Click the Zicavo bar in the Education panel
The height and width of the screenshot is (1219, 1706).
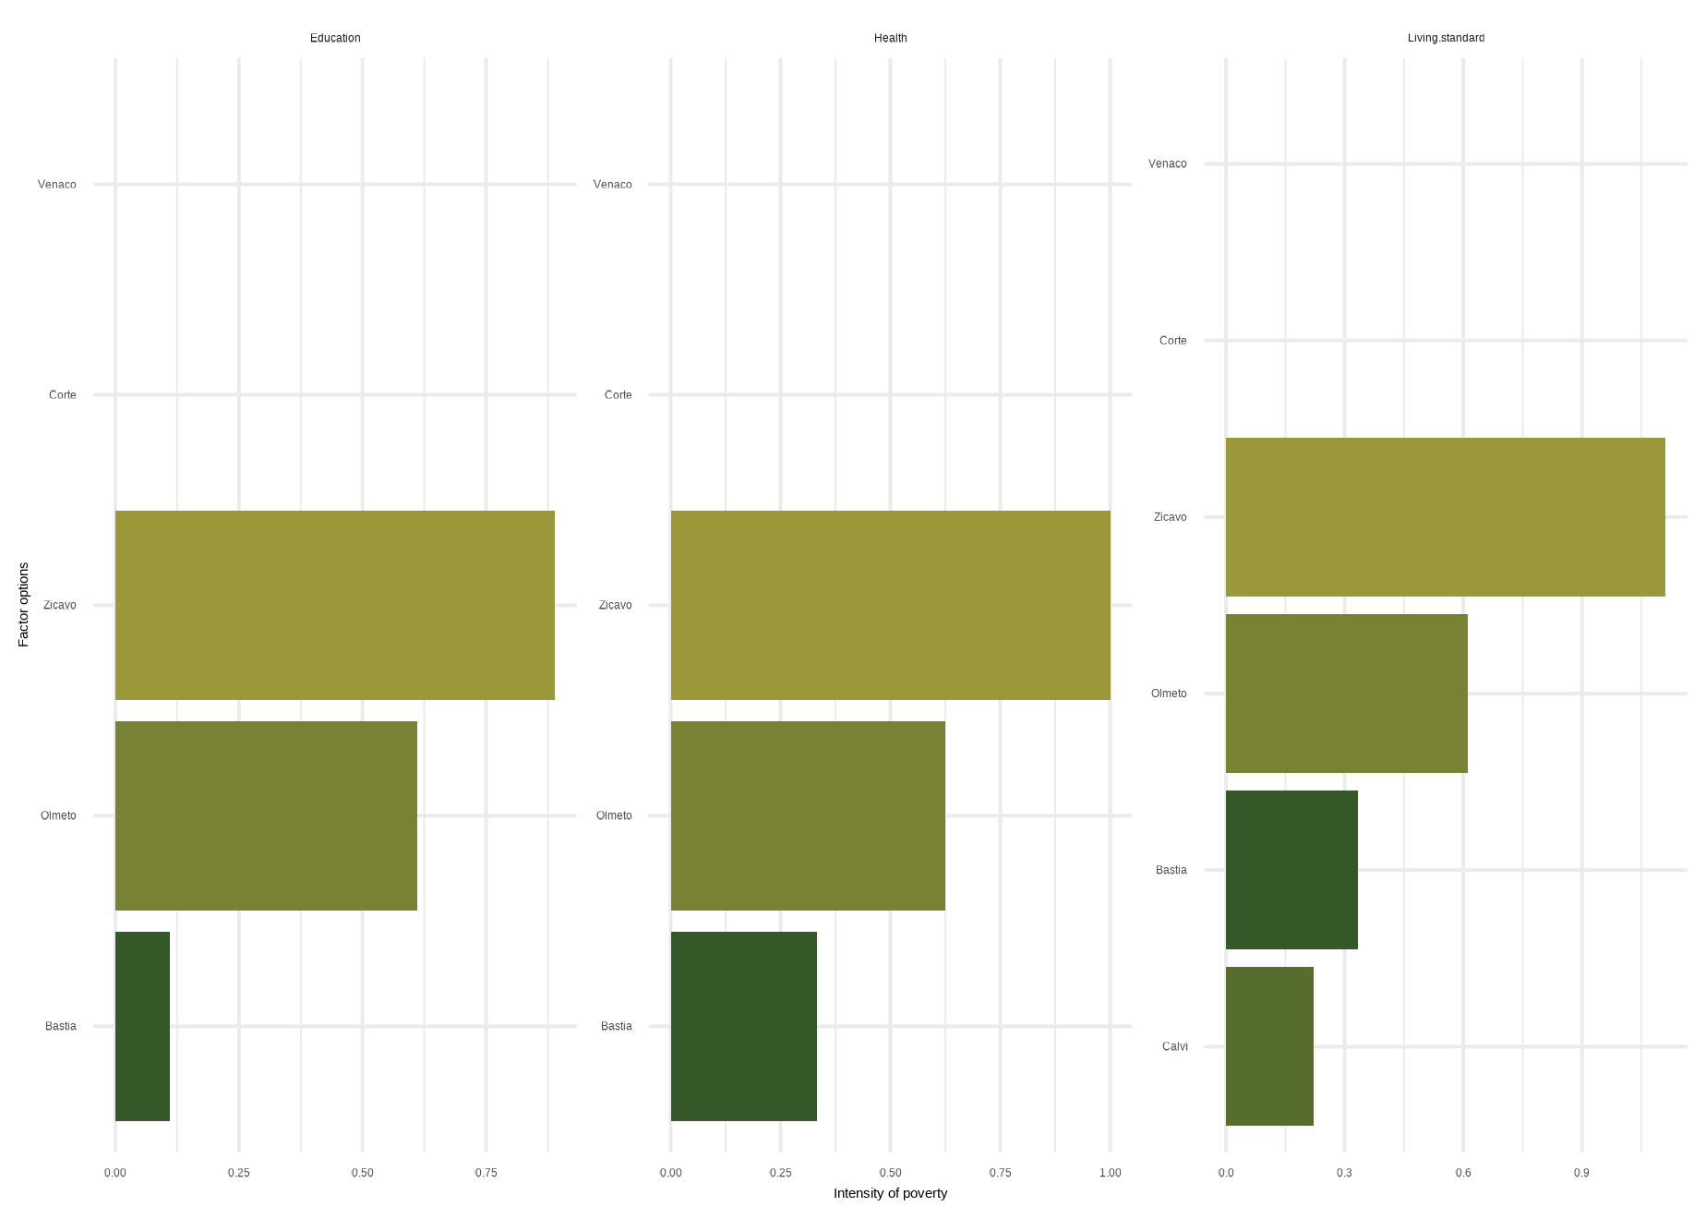coord(334,605)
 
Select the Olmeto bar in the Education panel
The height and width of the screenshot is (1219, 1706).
coord(266,815)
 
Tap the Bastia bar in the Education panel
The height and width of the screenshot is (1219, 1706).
coord(142,1026)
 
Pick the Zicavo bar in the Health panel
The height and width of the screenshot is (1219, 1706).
coord(890,605)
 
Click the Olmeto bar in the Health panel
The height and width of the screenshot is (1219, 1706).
coord(808,815)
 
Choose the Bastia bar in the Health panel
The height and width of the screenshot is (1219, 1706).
coord(743,1026)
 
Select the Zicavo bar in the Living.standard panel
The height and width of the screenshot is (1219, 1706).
coord(1445,517)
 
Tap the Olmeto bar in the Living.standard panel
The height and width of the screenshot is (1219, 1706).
coord(1346,694)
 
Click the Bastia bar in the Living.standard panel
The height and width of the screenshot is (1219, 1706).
coord(1292,870)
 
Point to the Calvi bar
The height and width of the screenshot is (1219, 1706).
coord(1269,1046)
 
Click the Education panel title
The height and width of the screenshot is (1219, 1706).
coord(335,38)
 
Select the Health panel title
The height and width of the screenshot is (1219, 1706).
coord(890,38)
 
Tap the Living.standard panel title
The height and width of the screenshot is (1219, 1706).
coord(1446,38)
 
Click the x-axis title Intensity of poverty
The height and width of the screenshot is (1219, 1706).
coord(890,1193)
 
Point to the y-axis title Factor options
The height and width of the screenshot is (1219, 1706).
coord(24,605)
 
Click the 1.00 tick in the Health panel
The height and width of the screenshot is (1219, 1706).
coord(1110,1173)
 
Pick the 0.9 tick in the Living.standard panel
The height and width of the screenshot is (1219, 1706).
coord(1581,1173)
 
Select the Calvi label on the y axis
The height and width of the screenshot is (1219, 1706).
coord(1174,1046)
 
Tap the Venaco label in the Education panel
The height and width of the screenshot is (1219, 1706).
coord(57,184)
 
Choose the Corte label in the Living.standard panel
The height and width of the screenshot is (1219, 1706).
coord(1172,341)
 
